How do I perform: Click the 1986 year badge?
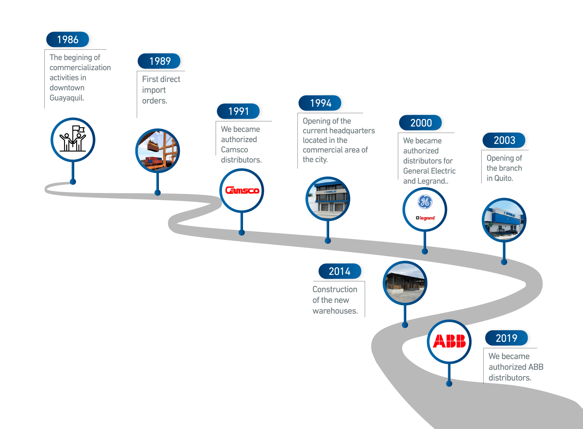click(x=67, y=39)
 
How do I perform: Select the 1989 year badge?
click(x=159, y=61)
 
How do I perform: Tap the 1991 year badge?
click(x=238, y=111)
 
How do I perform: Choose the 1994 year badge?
click(x=320, y=103)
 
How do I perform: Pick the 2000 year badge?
click(x=421, y=123)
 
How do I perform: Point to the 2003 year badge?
click(x=504, y=140)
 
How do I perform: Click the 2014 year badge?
click(x=340, y=271)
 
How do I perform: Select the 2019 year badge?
click(x=506, y=338)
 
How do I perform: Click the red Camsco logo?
click(x=242, y=190)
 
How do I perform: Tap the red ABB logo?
click(x=449, y=341)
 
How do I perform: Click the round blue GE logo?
click(x=425, y=202)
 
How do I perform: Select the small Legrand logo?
click(x=425, y=218)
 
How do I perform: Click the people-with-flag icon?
click(x=73, y=139)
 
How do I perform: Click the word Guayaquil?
click(x=67, y=98)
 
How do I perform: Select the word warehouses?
click(x=335, y=311)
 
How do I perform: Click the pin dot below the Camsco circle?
click(x=242, y=233)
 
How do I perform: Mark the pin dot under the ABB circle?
click(x=449, y=384)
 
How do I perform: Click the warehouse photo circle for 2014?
click(x=405, y=283)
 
